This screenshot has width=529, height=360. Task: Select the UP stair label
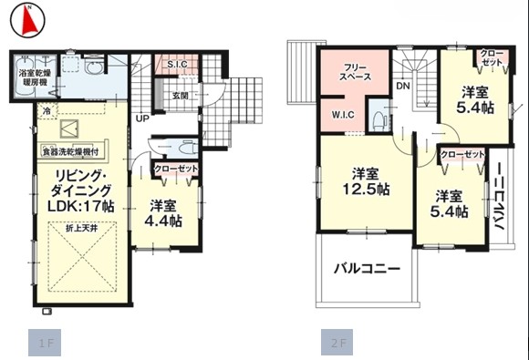point(143,119)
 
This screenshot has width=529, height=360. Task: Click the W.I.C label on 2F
point(343,116)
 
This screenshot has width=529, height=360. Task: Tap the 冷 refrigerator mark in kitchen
point(46,110)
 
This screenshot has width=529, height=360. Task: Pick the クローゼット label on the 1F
point(174,170)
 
